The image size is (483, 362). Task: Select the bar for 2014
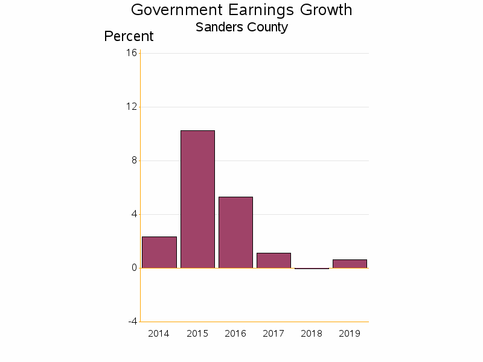coord(159,252)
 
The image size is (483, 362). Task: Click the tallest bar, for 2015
coord(197,199)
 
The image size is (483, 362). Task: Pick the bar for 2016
coord(235,232)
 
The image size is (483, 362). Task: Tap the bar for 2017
coord(273,261)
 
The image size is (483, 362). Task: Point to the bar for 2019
coord(350,264)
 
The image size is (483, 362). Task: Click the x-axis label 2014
coord(159,334)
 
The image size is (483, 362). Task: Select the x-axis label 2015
coord(197,334)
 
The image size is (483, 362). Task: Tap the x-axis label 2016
coord(235,334)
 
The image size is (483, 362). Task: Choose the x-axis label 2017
coord(273,334)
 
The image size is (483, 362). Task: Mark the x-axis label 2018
coord(312,334)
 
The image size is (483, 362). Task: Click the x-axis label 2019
coord(350,334)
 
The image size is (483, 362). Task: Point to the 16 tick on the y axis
coord(132,53)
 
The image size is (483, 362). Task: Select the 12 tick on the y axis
coord(132,107)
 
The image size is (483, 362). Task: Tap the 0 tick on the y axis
coord(134,268)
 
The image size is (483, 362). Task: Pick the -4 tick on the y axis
coord(132,322)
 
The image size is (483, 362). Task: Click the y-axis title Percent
coord(129,36)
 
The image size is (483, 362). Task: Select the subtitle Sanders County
coord(241,27)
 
